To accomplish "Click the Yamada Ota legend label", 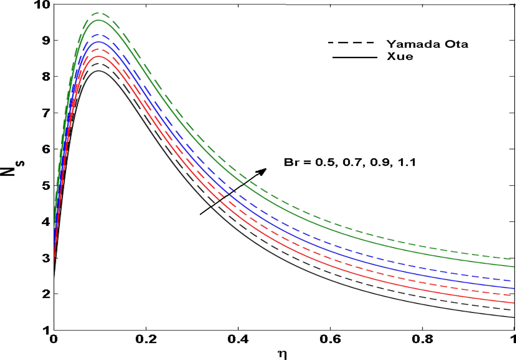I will pos(427,44).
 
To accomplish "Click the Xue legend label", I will pos(400,56).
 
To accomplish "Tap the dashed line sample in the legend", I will pos(351,43).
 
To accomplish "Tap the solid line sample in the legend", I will pos(355,57).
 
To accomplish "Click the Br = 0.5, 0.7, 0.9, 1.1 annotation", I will pos(350,162).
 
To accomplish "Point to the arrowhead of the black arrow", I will pos(264,170).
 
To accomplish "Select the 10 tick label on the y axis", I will pos(42,5).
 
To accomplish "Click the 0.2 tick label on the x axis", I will pos(146,339).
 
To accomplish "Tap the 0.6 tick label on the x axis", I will pos(330,339).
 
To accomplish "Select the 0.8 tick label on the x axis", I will pos(422,339).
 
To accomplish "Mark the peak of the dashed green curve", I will pos(98,13).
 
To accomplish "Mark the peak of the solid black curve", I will pos(98,71).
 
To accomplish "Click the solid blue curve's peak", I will pos(98,42).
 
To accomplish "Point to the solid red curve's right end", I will pos(514,303).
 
